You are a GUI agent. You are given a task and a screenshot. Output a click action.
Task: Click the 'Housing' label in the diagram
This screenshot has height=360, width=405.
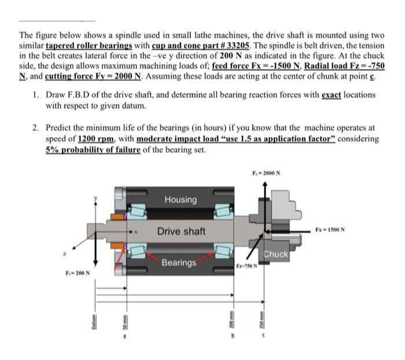pyautogui.click(x=180, y=200)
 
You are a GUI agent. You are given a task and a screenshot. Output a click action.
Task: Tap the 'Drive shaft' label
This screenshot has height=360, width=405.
pyautogui.click(x=181, y=232)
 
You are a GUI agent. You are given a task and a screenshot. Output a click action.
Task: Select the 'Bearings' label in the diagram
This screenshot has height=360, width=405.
pyautogui.click(x=179, y=263)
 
